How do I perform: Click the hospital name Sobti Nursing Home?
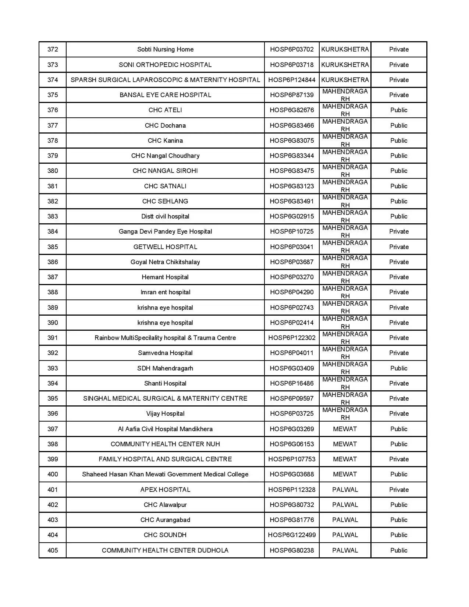point(165,49)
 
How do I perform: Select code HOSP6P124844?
point(292,80)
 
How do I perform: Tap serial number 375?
point(53,95)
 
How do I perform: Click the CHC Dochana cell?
point(165,125)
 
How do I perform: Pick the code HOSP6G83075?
point(292,141)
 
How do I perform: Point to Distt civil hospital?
point(165,216)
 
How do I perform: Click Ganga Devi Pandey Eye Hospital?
point(165,231)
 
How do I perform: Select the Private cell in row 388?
point(399,292)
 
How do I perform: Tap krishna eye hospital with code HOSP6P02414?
point(165,323)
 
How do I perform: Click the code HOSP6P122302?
point(292,338)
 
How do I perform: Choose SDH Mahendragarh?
point(165,368)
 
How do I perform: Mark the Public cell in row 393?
point(399,368)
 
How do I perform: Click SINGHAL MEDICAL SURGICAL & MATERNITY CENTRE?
point(165,398)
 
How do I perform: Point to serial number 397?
point(53,429)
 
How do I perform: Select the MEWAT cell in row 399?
point(345,459)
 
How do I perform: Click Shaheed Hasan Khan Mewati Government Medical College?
point(165,474)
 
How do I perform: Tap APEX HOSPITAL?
point(165,490)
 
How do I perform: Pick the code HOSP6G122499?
point(292,535)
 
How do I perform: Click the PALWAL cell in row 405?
point(345,550)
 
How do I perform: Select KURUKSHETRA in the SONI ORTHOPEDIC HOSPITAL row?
point(345,65)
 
